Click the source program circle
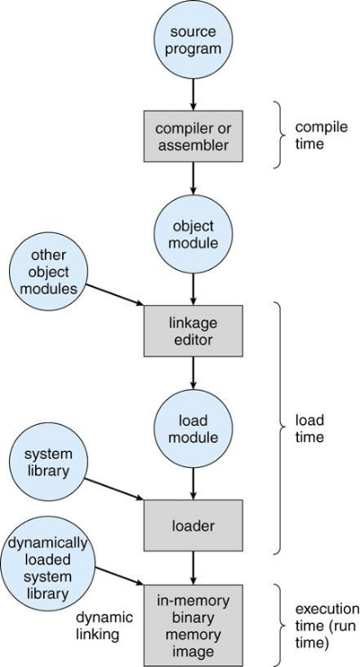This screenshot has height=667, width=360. click(x=193, y=40)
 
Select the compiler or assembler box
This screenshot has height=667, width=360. click(x=193, y=136)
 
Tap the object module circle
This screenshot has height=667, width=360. click(x=193, y=234)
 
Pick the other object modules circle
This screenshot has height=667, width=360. click(x=48, y=272)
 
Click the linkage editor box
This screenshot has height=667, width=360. click(x=193, y=330)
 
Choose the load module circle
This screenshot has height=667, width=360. click(x=193, y=428)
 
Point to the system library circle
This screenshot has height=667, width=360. click(x=48, y=462)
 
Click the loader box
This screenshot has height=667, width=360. click(x=193, y=526)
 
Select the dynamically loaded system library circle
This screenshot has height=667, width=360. click(x=47, y=568)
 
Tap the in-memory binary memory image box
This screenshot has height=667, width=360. click(x=193, y=625)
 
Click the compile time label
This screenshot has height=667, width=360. click(x=315, y=135)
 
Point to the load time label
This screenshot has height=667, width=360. click(x=310, y=428)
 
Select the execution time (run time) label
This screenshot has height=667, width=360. click(x=327, y=626)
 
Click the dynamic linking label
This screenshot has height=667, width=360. click(x=104, y=626)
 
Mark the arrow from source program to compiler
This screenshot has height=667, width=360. click(x=193, y=95)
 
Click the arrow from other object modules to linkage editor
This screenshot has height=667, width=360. click(x=115, y=294)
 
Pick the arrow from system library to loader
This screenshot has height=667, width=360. click(x=114, y=489)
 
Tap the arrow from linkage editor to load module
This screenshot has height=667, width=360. click(x=193, y=373)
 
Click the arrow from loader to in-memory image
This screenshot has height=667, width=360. click(x=193, y=568)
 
